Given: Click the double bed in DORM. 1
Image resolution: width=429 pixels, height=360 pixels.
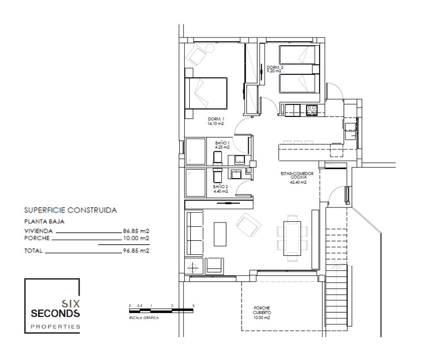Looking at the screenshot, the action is pos(206,93).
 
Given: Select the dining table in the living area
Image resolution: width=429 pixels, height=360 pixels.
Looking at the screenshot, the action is pos(292,238).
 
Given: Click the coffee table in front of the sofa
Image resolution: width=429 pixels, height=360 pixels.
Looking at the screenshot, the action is pos(220,234).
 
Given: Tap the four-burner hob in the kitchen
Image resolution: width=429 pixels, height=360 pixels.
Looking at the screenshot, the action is pos(311,110).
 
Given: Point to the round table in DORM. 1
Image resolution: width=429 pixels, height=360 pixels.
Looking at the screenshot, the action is pos(210,49).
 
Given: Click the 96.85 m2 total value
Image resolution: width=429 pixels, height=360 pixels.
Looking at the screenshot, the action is pos(136,250).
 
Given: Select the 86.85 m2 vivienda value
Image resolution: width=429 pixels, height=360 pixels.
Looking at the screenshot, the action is pos(136,231).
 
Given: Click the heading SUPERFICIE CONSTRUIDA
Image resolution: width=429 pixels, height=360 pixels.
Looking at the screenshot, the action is pos(71,210).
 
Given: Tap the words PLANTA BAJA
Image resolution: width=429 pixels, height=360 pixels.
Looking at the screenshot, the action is pos(44,222).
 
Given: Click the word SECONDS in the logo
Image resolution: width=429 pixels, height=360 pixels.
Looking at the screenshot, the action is pos(55,313).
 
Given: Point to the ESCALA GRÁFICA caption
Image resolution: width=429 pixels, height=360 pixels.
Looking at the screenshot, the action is pos(144,318).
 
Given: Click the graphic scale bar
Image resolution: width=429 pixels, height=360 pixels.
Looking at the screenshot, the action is pos(161,310).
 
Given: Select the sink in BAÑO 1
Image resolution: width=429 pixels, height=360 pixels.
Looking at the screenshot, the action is pos(240,159).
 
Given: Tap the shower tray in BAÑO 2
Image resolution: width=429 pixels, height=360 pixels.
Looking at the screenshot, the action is pos(195,183).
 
